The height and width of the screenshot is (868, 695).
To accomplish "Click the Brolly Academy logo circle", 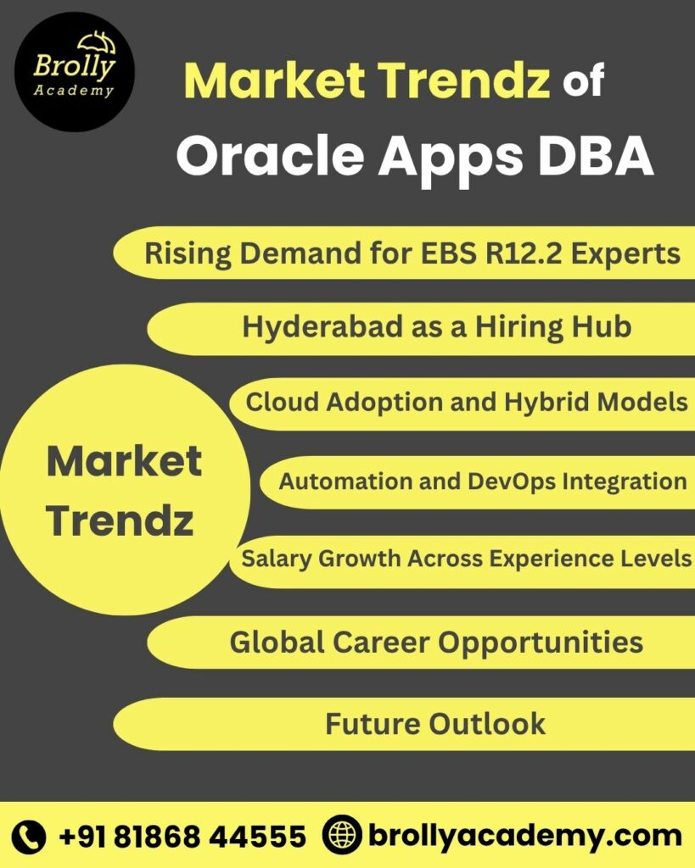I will (x=74, y=72).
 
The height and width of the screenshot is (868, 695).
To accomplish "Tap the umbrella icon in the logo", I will (x=96, y=42).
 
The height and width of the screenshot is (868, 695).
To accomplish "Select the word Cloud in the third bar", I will (x=275, y=402).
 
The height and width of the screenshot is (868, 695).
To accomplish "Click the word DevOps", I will (x=514, y=481).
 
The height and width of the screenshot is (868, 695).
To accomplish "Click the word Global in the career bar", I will (x=276, y=642).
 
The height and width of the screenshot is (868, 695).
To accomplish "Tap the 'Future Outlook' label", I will (x=434, y=723).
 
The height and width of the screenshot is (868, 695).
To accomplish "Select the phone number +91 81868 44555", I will (x=182, y=837).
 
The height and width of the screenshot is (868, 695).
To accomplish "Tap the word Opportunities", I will (x=540, y=642).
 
